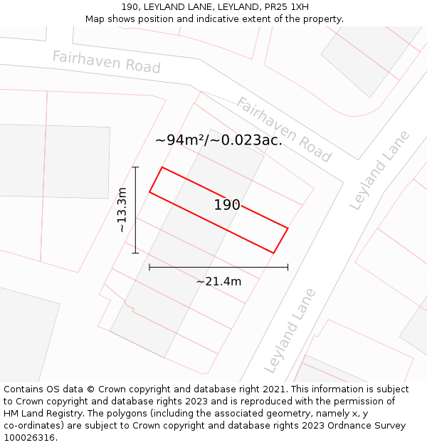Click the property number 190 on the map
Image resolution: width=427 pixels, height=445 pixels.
click(x=227, y=205)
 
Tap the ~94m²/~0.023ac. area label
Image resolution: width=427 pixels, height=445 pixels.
click(x=218, y=140)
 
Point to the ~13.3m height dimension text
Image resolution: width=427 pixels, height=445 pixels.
click(x=122, y=210)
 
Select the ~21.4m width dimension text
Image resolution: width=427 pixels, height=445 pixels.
click(x=218, y=281)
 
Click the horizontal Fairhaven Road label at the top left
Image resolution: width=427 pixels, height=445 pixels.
click(x=106, y=62)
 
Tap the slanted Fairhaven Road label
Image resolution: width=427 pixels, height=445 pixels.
click(x=284, y=130)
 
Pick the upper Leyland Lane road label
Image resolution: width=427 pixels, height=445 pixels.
click(x=380, y=170)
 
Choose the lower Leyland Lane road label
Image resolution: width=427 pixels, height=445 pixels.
click(x=290, y=330)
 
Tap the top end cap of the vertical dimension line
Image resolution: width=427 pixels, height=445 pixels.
click(x=135, y=167)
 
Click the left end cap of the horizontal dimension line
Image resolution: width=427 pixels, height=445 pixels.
click(x=149, y=267)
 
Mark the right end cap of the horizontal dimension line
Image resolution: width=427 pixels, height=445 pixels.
click(x=288, y=267)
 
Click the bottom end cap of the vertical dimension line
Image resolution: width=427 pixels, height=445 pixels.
click(x=135, y=253)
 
